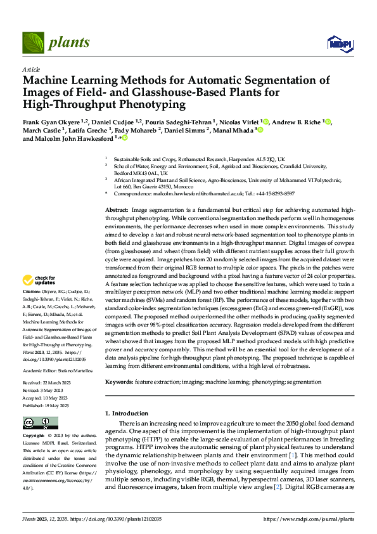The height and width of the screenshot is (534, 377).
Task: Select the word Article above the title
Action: click(x=31, y=69)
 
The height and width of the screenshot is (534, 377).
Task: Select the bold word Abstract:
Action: click(x=116, y=210)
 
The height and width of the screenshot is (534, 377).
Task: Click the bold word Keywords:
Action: click(x=119, y=383)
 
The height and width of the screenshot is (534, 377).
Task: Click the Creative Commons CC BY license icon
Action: click(x=40, y=423)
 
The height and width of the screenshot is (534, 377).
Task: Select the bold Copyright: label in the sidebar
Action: click(x=34, y=436)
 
